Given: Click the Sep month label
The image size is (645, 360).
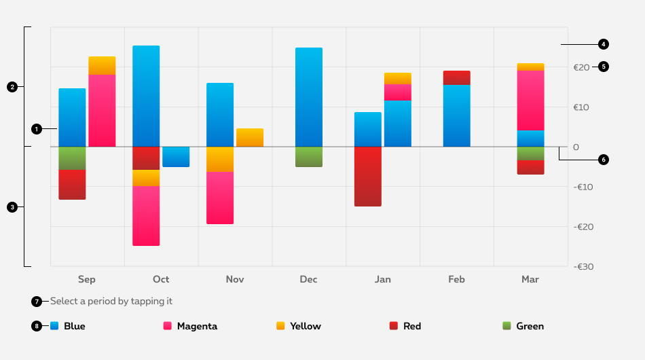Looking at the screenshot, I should pos(87,279).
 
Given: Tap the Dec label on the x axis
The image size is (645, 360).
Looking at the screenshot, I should pos(308,279).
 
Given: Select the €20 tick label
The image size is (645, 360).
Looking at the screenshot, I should pos(581,67).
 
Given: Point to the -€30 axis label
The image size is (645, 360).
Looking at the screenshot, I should pos(583,267).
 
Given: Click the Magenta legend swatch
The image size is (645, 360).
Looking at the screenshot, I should pos(167,326).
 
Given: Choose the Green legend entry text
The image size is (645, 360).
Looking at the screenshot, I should pos(530,326).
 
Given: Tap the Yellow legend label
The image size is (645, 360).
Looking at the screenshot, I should pos(306,326).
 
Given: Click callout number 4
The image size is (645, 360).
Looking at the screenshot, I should pos(604,44).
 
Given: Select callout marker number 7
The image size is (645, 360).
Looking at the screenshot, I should pos(36,301).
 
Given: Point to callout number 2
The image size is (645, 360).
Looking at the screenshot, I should pos(12,86).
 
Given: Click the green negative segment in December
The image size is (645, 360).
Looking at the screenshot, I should pos(309,157).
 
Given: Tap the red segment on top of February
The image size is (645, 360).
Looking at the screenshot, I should pos(456,77).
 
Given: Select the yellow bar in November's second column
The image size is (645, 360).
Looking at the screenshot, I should pos(250,137).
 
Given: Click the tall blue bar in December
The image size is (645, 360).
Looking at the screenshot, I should pos(309,96).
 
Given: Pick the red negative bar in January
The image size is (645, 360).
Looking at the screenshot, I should pos(368,176).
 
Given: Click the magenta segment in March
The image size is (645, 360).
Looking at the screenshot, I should pos(530,100).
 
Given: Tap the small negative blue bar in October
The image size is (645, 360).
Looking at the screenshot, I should pos(176,156).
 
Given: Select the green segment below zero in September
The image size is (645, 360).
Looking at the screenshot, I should pos(72,158).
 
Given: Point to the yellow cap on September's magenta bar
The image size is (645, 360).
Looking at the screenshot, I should pos(102,65).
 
